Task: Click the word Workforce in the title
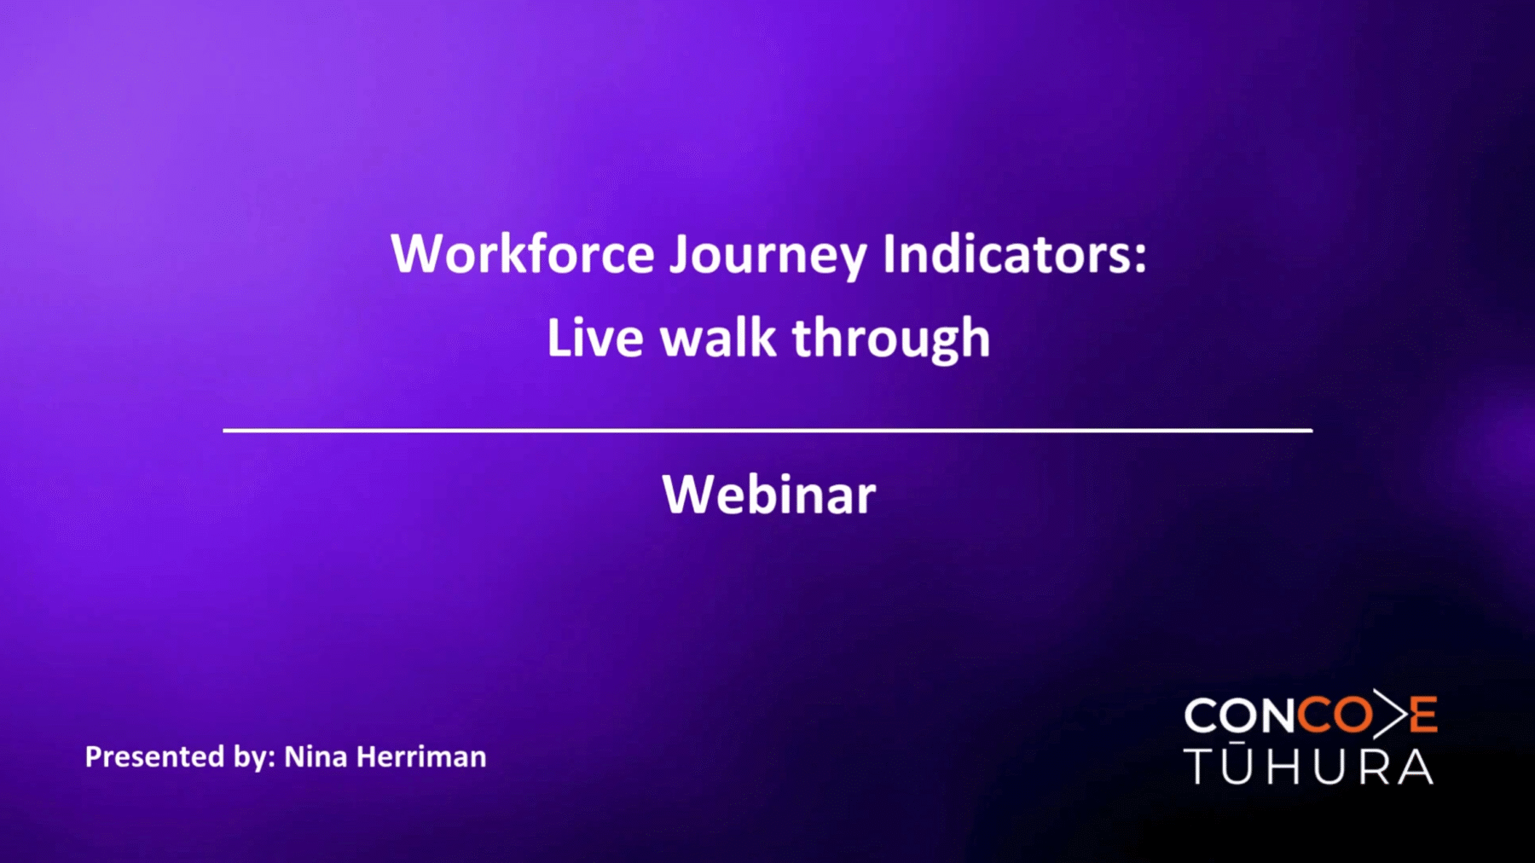523,253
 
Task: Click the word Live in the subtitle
595,337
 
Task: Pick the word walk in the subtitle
718,337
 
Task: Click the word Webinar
768,494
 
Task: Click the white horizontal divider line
767,431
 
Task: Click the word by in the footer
253,758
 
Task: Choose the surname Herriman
421,756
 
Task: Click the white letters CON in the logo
1240,715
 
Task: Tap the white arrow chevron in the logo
1389,714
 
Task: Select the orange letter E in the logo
1423,715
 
